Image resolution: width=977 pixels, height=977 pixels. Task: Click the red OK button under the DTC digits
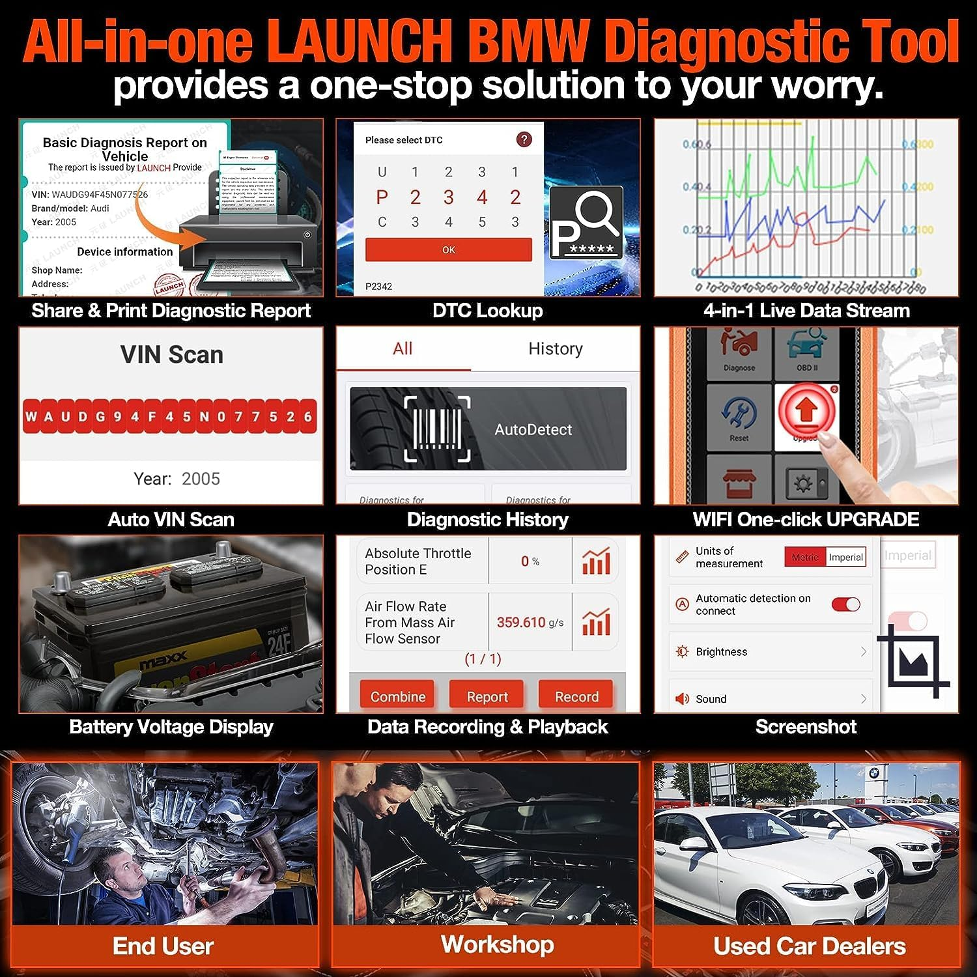448,250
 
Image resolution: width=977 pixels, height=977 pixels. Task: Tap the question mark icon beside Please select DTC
524,139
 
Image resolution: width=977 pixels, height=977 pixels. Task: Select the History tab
555,349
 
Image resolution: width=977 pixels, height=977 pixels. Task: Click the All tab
403,349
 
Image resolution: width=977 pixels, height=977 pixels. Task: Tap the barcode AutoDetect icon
437,429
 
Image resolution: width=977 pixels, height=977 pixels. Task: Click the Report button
487,696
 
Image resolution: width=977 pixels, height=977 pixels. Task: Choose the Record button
576,696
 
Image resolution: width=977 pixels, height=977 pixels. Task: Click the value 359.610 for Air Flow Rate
521,622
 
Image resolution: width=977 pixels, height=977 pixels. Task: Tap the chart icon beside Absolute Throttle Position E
595,561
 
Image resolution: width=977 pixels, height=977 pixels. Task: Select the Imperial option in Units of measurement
845,557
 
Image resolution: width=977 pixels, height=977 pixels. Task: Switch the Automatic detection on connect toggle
845,604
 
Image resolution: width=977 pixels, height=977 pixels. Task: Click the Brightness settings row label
721,652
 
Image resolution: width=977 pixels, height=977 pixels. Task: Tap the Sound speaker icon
682,699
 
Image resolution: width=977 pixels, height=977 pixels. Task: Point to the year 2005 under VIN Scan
201,479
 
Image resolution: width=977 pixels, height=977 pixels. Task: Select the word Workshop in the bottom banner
498,944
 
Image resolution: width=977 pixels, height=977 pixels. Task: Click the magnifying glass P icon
586,223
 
